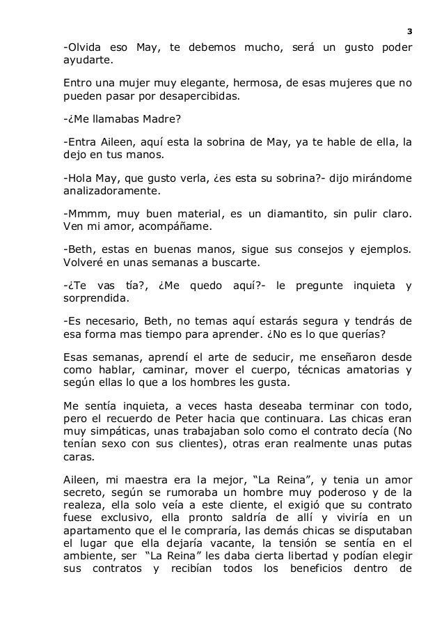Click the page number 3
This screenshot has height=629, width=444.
point(409,31)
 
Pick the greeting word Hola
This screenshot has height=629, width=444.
point(77,178)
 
